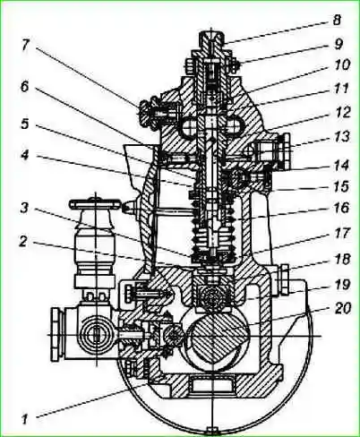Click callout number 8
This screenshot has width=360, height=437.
click(337, 21)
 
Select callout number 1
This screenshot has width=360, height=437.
click(24, 419)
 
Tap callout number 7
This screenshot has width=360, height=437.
click(26, 45)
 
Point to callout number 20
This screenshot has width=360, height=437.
click(342, 309)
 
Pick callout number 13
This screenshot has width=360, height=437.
click(341, 137)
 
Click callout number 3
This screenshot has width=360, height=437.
click(25, 208)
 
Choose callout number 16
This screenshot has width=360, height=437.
click(341, 208)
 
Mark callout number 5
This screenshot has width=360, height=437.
click(25, 124)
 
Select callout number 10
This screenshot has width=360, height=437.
click(341, 65)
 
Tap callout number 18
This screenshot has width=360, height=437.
click(342, 259)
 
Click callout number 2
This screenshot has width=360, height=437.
click(24, 242)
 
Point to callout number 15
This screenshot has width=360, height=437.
click(341, 186)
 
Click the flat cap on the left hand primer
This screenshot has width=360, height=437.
click(96, 204)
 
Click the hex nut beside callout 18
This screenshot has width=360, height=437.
click(283, 279)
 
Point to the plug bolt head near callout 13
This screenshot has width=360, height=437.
click(286, 152)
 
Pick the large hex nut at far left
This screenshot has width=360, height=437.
click(56, 334)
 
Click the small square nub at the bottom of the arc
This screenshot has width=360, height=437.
click(212, 432)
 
